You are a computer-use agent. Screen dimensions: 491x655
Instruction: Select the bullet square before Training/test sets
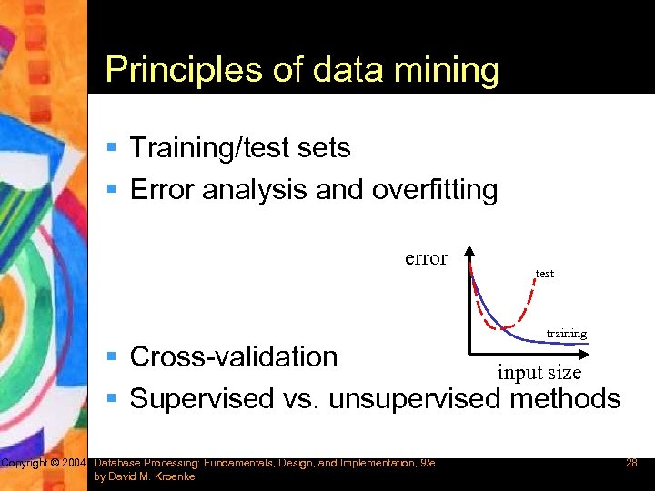coord(112,147)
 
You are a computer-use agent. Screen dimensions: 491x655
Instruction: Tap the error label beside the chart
coord(426,258)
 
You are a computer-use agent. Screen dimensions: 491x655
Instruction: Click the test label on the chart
coord(544,274)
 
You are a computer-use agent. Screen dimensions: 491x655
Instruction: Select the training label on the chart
coord(566,334)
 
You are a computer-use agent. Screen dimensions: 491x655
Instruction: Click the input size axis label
coord(539,372)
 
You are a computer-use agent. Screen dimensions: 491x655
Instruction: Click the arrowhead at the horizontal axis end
coord(592,353)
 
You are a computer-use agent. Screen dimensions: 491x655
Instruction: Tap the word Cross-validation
coord(234,356)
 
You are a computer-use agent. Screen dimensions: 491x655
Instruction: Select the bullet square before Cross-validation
coord(112,357)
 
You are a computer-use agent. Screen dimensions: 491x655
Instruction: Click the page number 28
coord(630,464)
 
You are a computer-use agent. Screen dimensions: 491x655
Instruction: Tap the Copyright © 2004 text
coord(44,464)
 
